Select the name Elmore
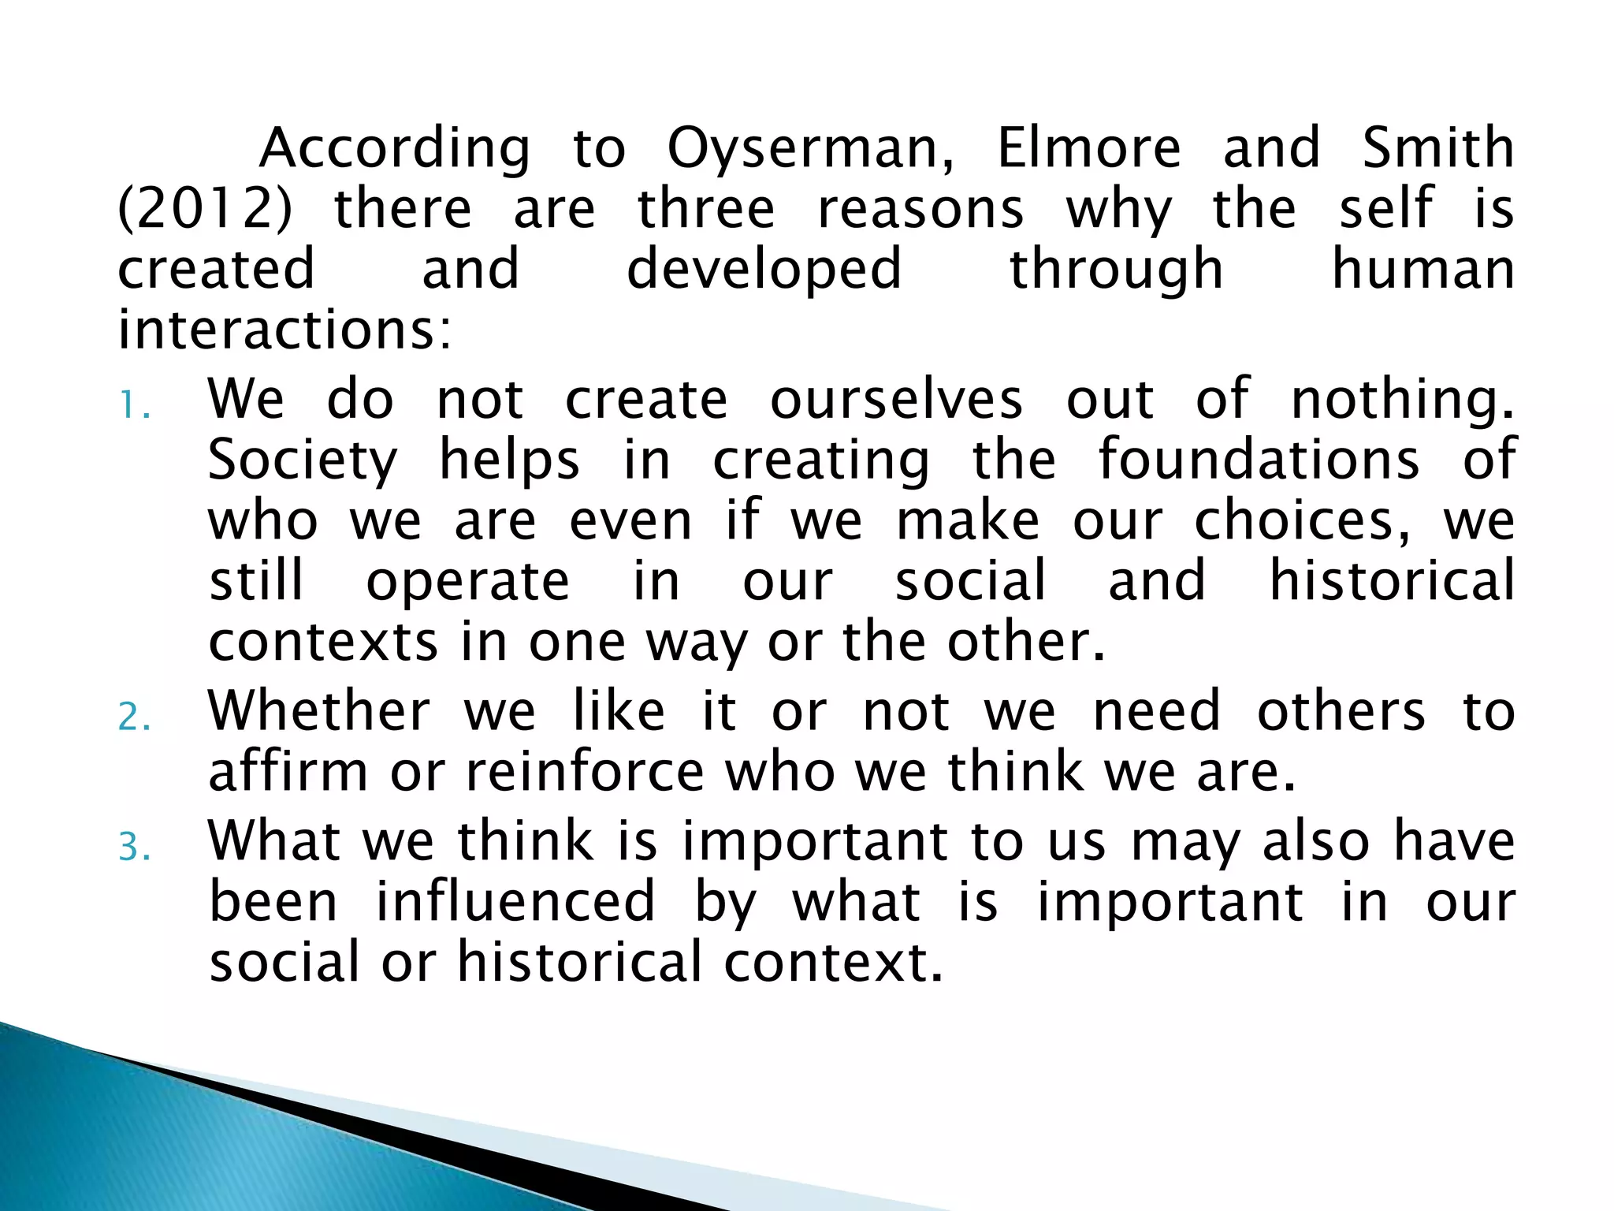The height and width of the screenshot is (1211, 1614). coord(1089,148)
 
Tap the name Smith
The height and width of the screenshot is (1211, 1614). coord(1437,148)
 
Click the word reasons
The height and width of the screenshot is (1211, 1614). coord(920,211)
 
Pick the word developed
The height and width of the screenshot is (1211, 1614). coord(764,270)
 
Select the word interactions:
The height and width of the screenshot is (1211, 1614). coord(285,330)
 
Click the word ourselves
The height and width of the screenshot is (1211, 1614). coord(896,400)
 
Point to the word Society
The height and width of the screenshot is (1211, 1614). coord(303,461)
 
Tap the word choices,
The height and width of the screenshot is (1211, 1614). coord(1302,522)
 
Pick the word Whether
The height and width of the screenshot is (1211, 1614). coord(319,711)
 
